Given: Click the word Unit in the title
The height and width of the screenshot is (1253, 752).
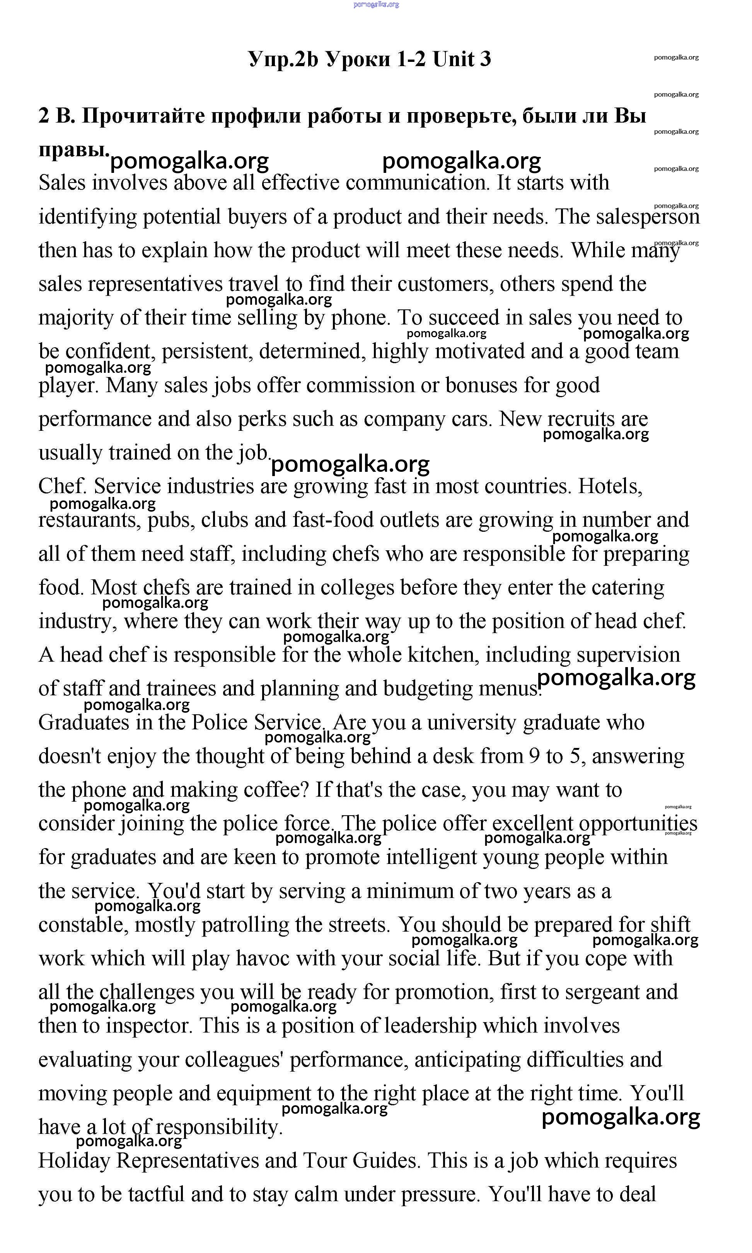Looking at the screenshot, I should point(454,59).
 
